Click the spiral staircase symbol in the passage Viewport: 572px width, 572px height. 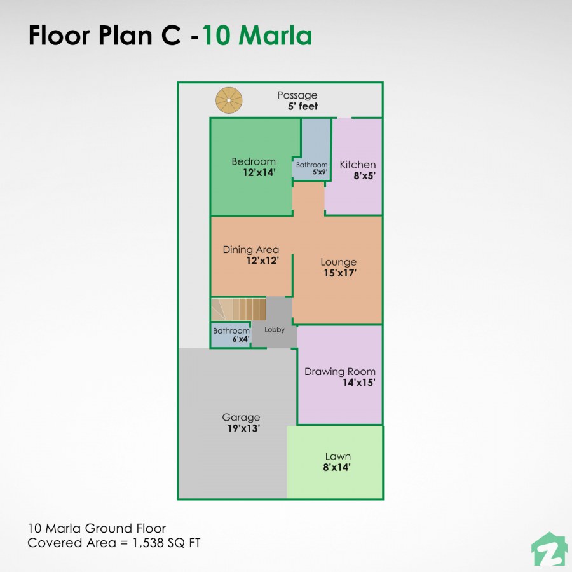[229, 100]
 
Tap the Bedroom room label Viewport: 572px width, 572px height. [254, 161]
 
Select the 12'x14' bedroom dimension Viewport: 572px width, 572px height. [259, 172]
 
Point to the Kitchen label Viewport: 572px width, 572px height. [358, 165]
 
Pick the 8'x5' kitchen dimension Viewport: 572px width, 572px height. [365, 176]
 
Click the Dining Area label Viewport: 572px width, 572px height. [250, 250]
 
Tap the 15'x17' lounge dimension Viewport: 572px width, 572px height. [340, 273]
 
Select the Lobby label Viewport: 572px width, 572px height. [275, 330]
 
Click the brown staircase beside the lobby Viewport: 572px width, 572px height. [239, 310]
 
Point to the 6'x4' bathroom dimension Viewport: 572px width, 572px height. [240, 340]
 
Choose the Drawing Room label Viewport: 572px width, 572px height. [340, 372]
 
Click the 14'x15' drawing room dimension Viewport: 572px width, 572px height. [358, 383]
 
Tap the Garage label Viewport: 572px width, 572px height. [241, 418]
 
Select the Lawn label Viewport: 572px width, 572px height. [337, 456]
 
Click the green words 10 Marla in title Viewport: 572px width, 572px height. [257, 36]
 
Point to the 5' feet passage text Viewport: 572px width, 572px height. [303, 107]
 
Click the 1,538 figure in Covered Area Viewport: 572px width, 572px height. [149, 543]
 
